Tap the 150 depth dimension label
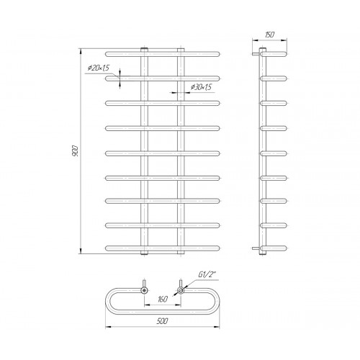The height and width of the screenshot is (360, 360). [x=269, y=35]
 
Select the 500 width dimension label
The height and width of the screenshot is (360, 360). [x=163, y=321]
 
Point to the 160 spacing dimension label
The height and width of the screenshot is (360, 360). [x=163, y=300]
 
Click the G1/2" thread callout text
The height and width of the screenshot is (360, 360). [x=206, y=275]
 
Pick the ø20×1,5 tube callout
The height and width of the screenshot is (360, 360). [x=98, y=68]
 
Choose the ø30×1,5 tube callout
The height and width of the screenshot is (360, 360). [x=201, y=87]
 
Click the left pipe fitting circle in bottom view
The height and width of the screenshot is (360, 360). [x=144, y=290]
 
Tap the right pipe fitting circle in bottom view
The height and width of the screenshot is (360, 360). [x=181, y=290]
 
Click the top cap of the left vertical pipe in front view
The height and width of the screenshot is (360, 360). [x=144, y=50]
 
